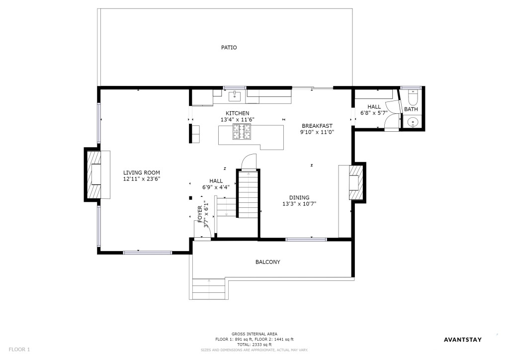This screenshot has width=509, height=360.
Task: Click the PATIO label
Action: click(229, 47)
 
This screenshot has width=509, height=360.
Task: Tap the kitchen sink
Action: click(235, 96)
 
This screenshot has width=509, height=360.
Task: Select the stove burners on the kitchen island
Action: click(242, 132)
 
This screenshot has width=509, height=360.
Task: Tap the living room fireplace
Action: click(93, 175)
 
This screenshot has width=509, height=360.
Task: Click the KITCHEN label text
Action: click(237, 113)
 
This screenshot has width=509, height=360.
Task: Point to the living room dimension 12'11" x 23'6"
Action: click(142, 179)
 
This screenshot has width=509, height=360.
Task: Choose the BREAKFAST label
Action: click(317, 126)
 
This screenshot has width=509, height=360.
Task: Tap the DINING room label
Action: click(299, 197)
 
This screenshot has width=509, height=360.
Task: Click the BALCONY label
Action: click(268, 262)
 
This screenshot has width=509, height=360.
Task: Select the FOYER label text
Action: click(200, 214)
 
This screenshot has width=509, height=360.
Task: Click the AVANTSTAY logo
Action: click(463, 340)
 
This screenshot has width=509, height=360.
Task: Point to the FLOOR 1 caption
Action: click(19, 350)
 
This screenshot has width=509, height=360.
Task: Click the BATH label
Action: click(411, 109)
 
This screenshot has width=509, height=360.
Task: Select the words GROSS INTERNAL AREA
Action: click(254, 334)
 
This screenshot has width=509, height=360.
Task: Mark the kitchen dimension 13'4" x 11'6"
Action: click(237, 119)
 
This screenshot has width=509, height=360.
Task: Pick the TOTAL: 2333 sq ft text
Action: click(254, 345)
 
